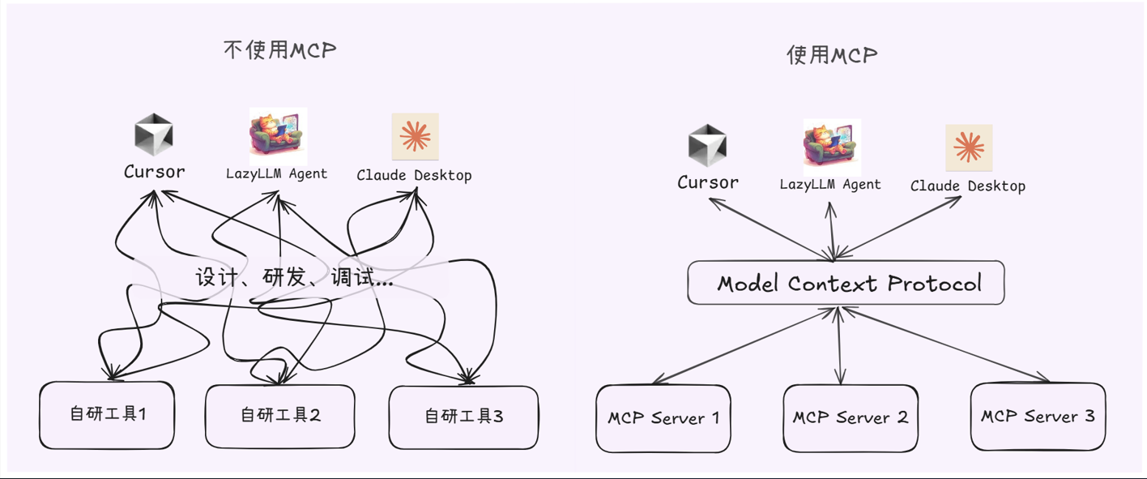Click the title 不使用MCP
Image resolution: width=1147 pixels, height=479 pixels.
[279, 50]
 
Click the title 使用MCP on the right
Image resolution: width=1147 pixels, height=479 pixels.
[832, 55]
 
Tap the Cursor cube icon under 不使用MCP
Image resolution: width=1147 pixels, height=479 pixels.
[153, 135]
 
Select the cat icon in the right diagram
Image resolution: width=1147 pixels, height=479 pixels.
[831, 147]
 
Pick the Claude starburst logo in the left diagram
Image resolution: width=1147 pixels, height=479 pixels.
[415, 136]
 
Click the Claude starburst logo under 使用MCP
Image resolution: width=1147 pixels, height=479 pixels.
[969, 148]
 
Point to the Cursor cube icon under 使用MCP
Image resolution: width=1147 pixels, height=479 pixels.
[707, 146]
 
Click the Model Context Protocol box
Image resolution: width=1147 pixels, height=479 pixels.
[846, 283]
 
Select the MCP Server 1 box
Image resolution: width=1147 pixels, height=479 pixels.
[663, 418]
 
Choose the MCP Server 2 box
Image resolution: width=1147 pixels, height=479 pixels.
[850, 417]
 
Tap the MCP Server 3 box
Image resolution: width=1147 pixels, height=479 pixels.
[1038, 417]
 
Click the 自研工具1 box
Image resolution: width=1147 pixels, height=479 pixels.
[107, 415]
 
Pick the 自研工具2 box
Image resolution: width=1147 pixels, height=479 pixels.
[280, 416]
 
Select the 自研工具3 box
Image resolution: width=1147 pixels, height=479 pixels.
[463, 417]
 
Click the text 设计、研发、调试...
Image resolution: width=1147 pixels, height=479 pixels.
[293, 278]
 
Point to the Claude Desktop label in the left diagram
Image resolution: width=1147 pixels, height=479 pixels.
[414, 175]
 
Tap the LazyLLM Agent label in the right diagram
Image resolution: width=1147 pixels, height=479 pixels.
[830, 184]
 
